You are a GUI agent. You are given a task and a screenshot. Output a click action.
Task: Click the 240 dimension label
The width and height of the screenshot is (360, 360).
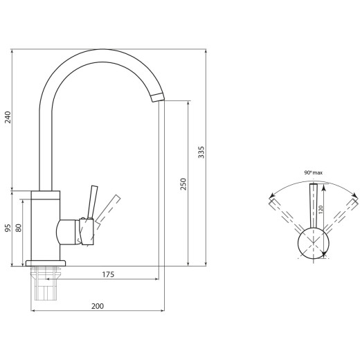click(8, 117)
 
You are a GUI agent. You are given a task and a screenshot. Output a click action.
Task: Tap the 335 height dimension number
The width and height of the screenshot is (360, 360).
click(201, 152)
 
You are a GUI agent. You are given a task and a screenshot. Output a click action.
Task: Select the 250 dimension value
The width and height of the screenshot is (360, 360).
click(183, 184)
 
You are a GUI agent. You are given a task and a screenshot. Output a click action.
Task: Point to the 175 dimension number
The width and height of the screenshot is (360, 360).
click(108, 274)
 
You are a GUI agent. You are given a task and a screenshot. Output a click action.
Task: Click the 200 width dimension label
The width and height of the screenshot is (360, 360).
click(98, 306)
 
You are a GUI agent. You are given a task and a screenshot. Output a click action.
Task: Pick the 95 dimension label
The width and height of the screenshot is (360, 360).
click(8, 228)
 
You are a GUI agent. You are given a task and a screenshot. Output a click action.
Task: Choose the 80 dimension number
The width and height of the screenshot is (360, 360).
click(19, 228)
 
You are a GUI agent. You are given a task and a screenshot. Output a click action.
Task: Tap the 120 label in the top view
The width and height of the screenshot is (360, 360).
click(321, 210)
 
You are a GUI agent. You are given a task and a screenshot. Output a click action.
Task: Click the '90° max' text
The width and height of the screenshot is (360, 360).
click(313, 172)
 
